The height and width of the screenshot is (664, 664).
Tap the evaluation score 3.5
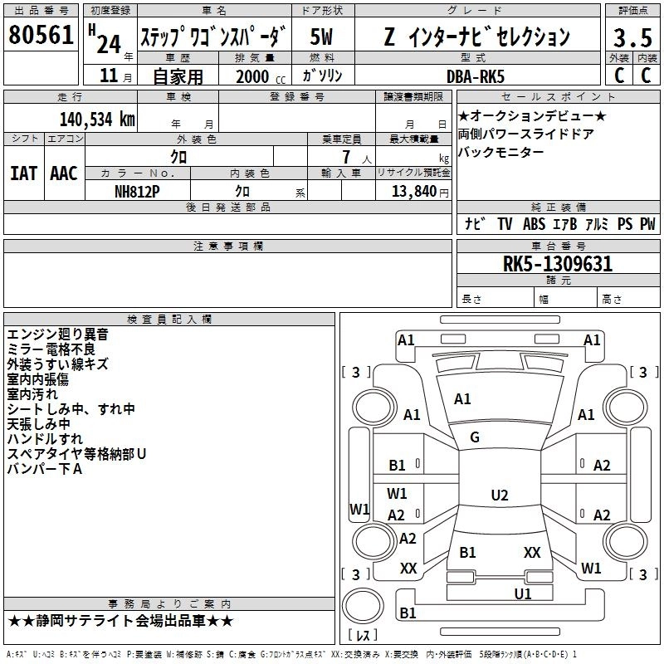point(632,37)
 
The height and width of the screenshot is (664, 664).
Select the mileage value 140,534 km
point(97,120)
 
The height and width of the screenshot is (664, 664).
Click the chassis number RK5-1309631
point(558,265)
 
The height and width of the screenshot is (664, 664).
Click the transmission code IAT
point(23,173)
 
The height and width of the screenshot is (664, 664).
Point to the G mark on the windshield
point(475,437)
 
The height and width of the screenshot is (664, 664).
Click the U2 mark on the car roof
point(499,496)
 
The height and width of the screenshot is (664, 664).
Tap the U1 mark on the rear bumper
point(522,593)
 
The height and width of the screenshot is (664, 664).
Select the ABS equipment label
point(534,224)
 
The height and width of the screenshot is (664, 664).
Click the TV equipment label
point(505,224)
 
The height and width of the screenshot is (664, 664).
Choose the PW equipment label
point(647,224)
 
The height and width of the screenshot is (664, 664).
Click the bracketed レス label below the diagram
point(362,636)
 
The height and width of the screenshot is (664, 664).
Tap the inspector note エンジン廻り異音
point(57,334)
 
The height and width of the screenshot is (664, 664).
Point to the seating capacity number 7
point(344,157)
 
